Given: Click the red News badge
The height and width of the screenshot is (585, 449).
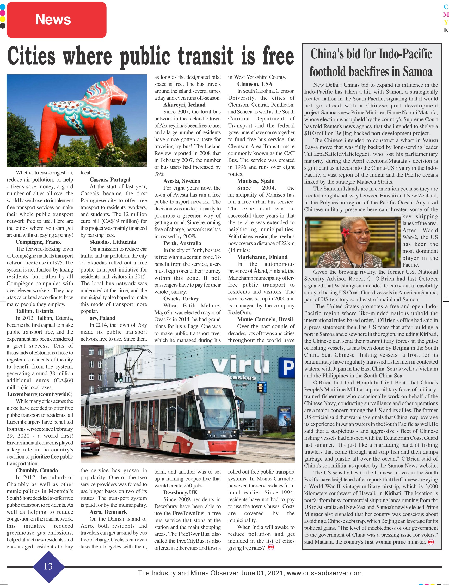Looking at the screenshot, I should [56, 20].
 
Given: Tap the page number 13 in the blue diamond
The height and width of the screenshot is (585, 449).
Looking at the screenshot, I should [48, 566].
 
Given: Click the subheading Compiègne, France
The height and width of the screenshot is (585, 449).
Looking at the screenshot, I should [39, 242].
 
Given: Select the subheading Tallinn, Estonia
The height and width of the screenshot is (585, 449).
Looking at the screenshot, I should [34, 311].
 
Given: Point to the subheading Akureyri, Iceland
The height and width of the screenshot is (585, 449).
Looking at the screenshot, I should [184, 105].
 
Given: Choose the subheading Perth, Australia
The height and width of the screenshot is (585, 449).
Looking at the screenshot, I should [182, 243].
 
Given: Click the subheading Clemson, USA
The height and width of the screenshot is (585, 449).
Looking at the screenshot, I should [255, 84].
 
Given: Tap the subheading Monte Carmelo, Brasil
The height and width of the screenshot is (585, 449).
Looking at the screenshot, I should [265, 319].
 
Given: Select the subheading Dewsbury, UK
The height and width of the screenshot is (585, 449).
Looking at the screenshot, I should [180, 492].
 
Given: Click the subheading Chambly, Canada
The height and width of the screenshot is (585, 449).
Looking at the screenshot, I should [37, 470].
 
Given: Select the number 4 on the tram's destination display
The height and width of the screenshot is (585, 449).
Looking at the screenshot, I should [207, 391].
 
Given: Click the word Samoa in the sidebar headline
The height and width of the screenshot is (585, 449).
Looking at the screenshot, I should [417, 71].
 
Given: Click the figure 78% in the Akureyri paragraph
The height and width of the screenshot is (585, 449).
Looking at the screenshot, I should [159, 174].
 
